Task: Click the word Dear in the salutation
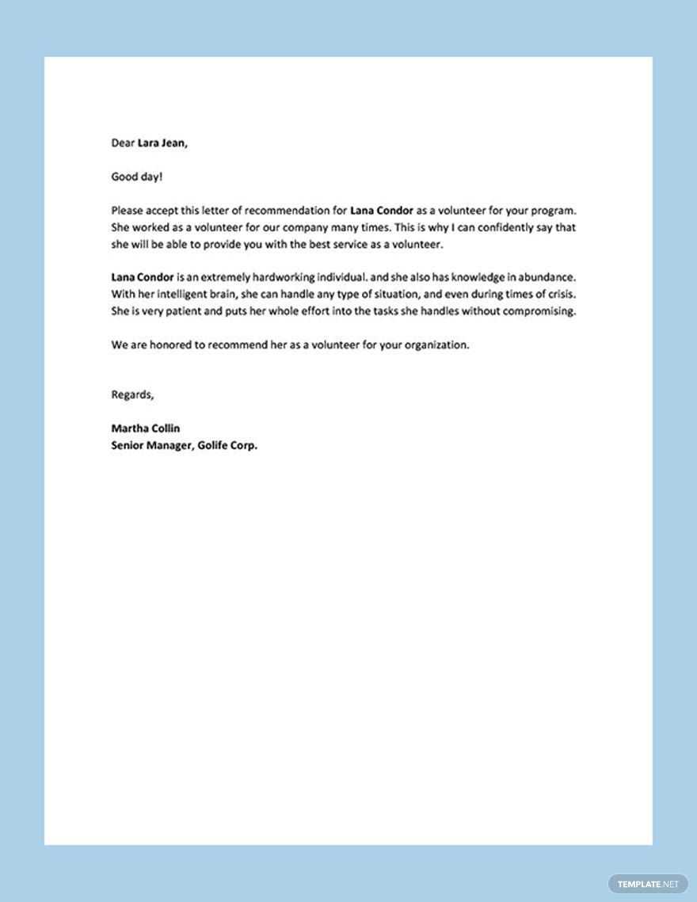pyautogui.click(x=123, y=143)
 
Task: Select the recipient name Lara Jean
pyautogui.click(x=162, y=143)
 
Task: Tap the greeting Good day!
pyautogui.click(x=136, y=177)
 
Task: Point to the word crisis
pyautogui.click(x=558, y=295)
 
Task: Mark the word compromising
pyautogui.click(x=538, y=311)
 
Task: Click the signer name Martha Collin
pyautogui.click(x=145, y=428)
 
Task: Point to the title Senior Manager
pyautogui.click(x=149, y=445)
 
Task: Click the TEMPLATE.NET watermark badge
pyautogui.click(x=647, y=884)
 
